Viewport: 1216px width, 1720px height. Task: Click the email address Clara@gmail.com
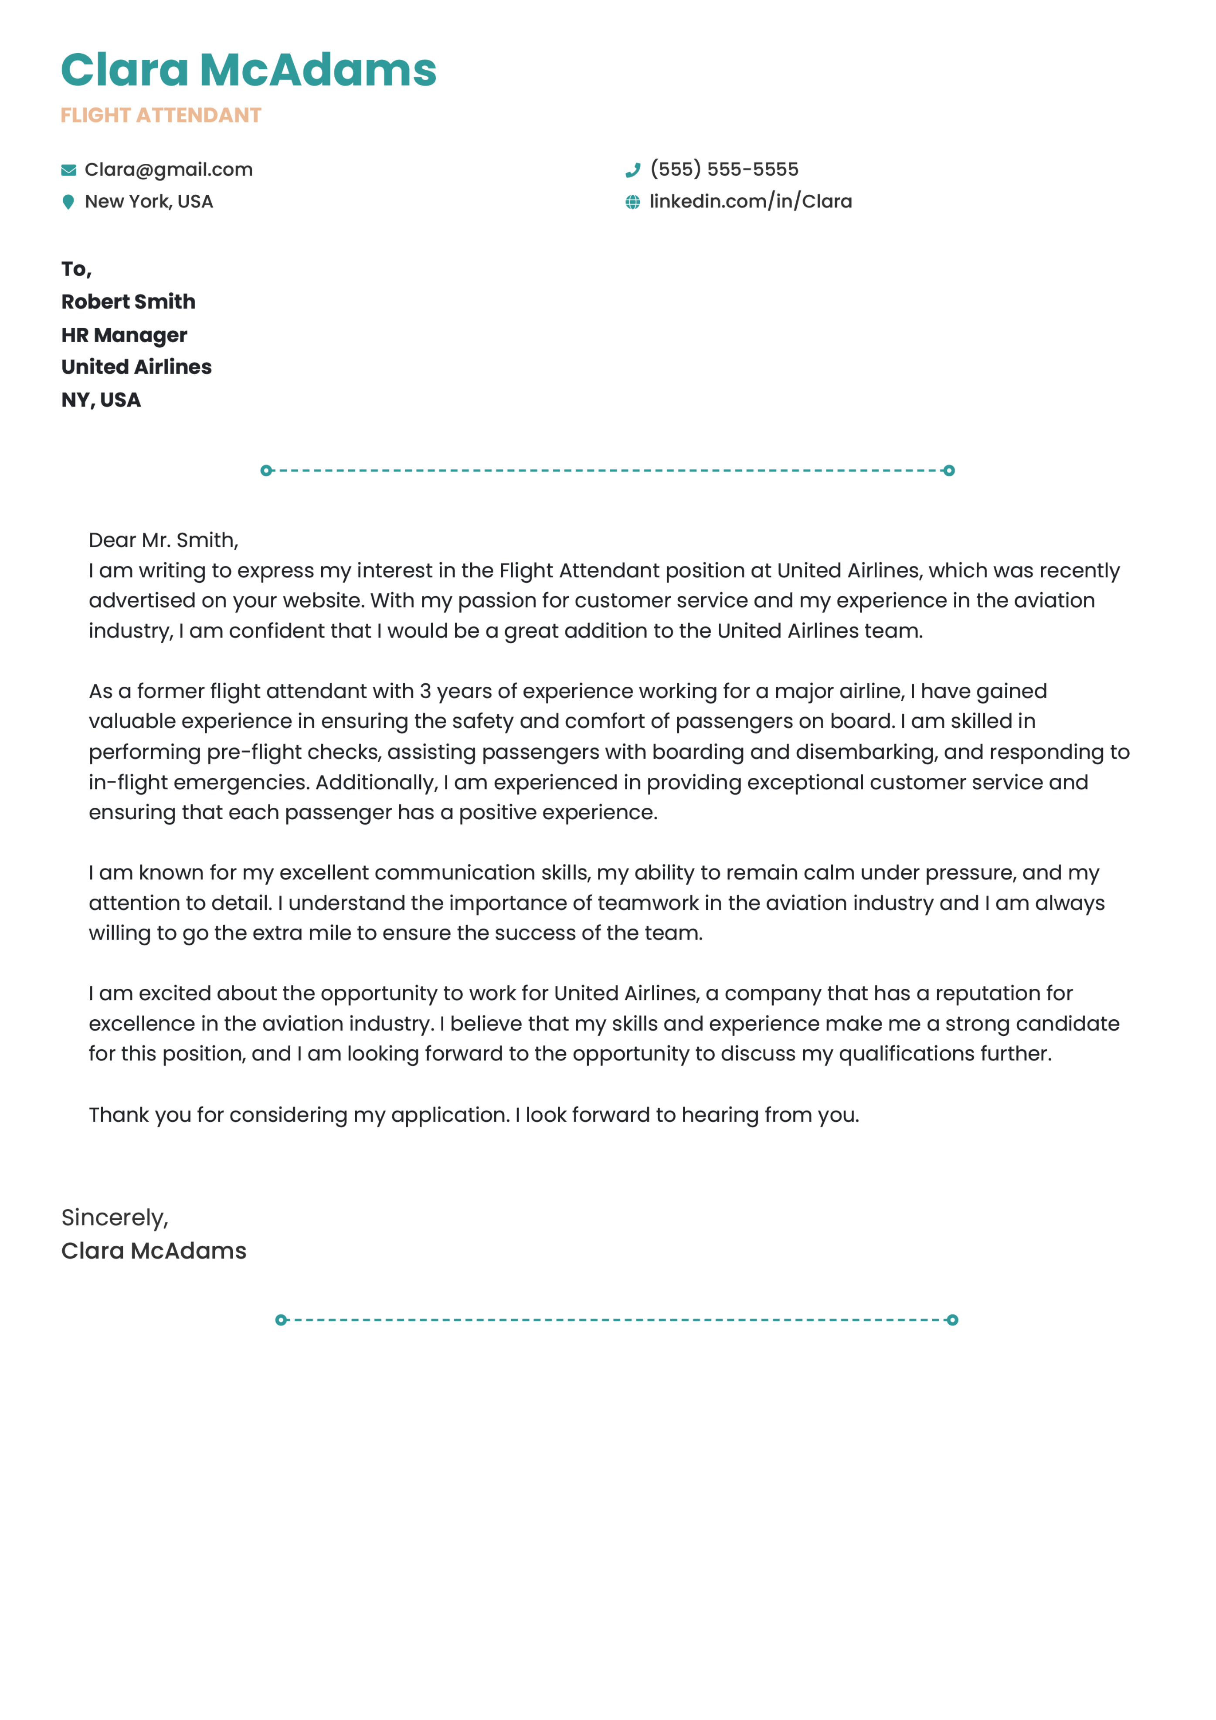coord(169,170)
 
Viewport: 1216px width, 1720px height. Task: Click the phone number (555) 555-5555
coord(724,170)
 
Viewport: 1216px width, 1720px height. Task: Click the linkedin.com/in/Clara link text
coord(751,201)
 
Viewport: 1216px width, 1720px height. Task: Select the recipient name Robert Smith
coord(128,302)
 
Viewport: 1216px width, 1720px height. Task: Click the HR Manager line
coord(124,335)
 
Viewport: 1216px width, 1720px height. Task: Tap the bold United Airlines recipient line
coord(136,367)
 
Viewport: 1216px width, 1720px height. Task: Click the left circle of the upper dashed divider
coord(266,471)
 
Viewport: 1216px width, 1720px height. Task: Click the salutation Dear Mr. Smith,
coord(163,540)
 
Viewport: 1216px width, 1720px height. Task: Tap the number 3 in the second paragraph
coord(425,692)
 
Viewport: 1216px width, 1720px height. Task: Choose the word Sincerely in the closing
coord(112,1218)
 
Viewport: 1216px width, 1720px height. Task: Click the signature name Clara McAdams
coord(153,1251)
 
